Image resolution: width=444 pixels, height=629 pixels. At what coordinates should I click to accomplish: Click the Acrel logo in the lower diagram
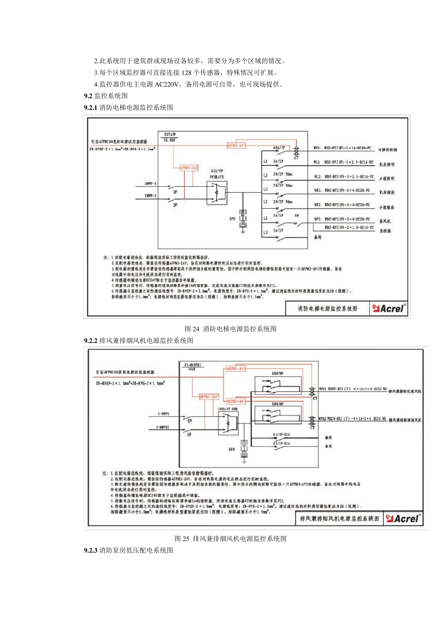[403, 519]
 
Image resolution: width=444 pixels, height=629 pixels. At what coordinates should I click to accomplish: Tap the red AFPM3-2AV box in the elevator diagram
[188, 168]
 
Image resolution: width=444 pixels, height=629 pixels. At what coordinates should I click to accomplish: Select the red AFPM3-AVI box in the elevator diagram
[236, 146]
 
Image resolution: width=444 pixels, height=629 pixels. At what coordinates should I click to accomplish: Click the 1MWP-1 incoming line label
[150, 184]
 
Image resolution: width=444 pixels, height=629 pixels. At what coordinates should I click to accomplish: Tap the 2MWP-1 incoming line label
[150, 195]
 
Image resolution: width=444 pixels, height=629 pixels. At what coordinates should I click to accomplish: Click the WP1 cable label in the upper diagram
[317, 148]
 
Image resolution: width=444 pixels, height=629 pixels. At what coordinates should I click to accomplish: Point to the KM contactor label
[296, 216]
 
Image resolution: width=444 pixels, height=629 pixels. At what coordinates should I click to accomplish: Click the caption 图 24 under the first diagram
[230, 329]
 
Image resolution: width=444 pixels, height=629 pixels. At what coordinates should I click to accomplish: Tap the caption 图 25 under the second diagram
[230, 539]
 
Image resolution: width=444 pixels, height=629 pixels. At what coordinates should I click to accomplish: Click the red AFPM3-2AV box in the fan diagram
[209, 396]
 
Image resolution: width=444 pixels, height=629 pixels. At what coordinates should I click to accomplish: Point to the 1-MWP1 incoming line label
[163, 414]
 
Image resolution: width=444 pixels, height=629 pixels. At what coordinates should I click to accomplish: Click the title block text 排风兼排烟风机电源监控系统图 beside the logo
[340, 519]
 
